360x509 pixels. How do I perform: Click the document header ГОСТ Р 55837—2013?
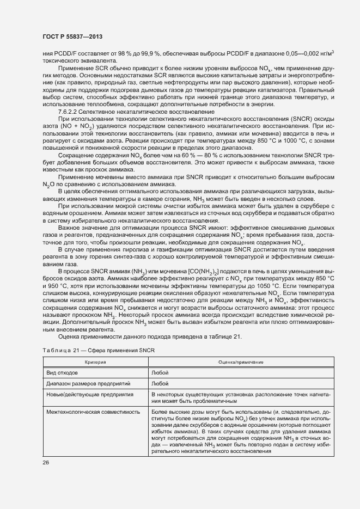(x=72, y=36)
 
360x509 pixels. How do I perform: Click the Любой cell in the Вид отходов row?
(x=160, y=373)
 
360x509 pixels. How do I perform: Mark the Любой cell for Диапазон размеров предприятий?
(x=160, y=384)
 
